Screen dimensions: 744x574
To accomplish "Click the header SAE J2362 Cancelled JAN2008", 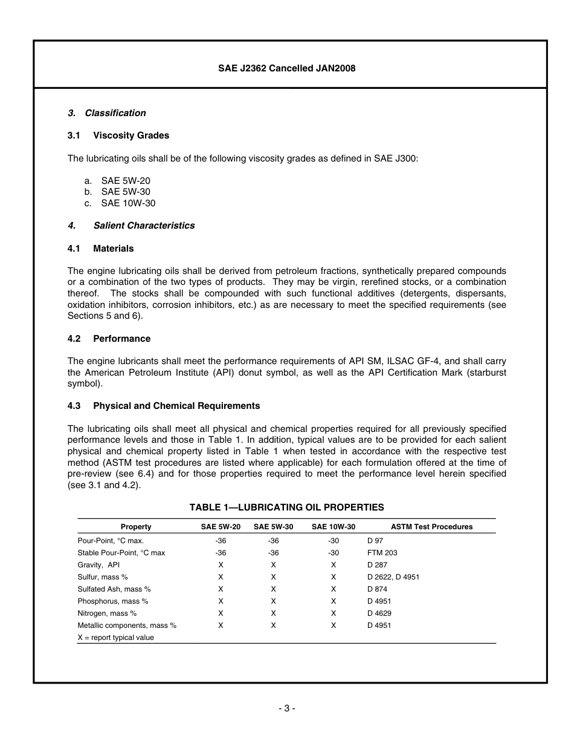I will [286, 68].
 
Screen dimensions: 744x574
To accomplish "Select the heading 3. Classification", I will [106, 113].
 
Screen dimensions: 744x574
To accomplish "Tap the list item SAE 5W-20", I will [126, 181].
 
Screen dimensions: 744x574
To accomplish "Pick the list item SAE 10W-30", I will [128, 203].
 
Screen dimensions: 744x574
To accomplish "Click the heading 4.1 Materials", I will [101, 249].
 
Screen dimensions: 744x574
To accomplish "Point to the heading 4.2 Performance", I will [109, 339].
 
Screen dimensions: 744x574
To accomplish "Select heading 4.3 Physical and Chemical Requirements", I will [164, 406].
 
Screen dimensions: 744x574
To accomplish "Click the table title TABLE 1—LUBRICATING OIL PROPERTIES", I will [286, 507].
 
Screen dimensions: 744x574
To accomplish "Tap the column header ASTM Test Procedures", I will [431, 527].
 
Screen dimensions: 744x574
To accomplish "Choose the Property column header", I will [136, 527].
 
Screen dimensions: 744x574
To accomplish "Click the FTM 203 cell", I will [382, 553].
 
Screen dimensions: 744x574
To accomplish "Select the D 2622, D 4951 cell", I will [393, 577].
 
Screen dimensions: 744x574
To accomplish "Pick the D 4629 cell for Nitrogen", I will [379, 613].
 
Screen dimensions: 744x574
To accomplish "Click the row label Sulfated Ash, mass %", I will [114, 589].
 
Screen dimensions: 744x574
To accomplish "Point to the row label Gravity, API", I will [98, 565].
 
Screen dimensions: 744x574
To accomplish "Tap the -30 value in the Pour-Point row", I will [334, 541].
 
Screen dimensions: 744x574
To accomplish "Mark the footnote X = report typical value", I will [115, 638].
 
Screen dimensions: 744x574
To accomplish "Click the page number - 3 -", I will [286, 708].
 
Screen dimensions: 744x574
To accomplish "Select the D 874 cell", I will [377, 589].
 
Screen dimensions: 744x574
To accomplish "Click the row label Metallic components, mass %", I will [127, 625].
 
